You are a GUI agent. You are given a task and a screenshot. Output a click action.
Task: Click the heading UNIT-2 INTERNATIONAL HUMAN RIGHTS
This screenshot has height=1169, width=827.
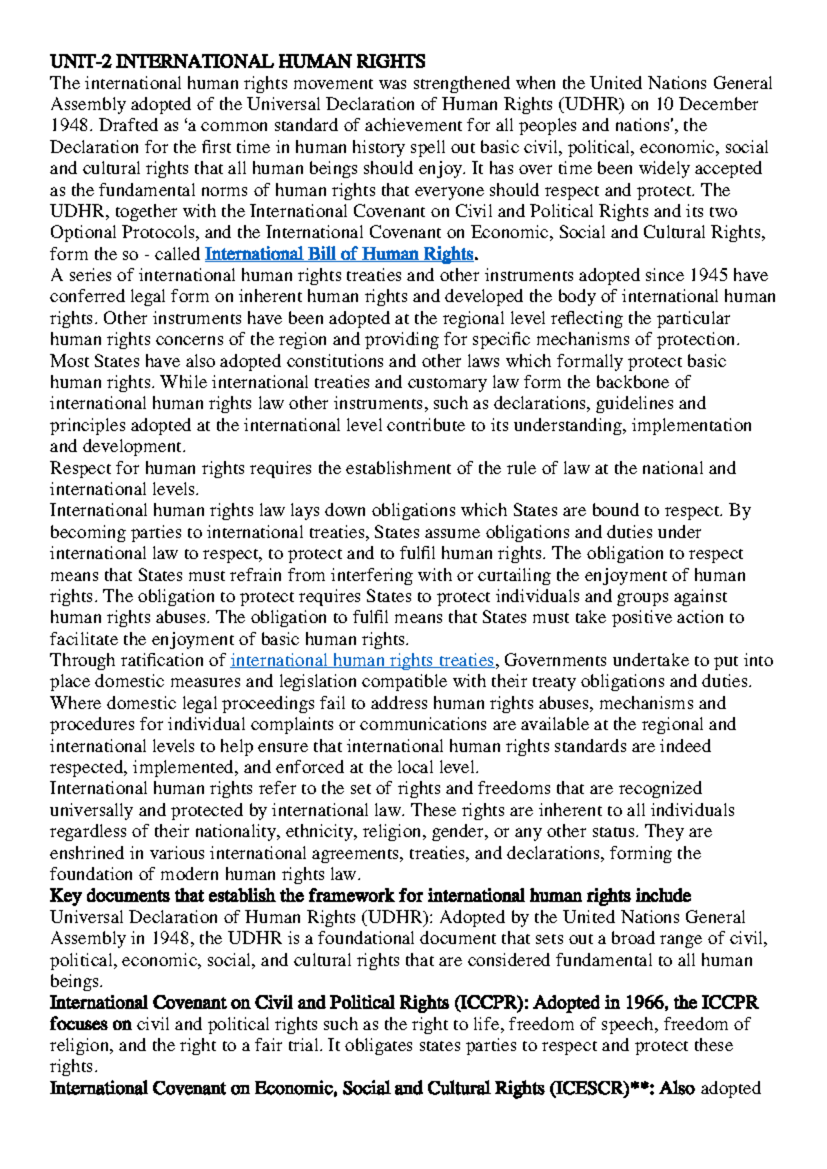(x=237, y=62)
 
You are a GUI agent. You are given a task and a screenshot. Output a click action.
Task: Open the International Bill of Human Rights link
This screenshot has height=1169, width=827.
(x=339, y=254)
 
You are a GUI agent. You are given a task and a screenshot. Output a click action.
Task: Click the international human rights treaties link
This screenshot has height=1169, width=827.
(x=362, y=660)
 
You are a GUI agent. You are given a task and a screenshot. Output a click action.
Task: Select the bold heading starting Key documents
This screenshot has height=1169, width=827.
(x=370, y=896)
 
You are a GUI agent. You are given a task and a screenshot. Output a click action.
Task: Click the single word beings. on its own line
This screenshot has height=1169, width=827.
(x=76, y=982)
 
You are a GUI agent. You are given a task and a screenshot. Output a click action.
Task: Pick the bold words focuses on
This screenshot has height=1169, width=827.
(x=90, y=1024)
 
